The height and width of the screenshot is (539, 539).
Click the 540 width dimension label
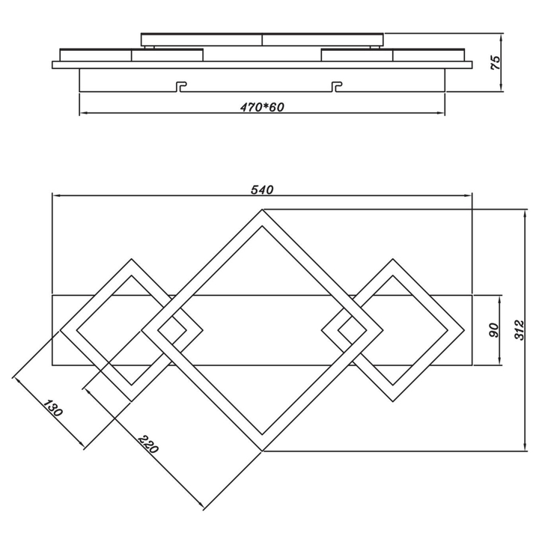point(262,189)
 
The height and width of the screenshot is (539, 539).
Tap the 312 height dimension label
point(519,330)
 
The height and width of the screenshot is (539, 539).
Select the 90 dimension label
point(493,330)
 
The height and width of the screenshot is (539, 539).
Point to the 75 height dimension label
point(496,62)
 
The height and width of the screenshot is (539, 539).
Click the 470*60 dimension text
point(262,107)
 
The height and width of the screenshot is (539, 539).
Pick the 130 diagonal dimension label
point(52,409)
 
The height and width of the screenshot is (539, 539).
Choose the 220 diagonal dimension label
point(147,445)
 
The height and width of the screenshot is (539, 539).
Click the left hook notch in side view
point(181,87)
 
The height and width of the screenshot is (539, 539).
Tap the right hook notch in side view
point(337,87)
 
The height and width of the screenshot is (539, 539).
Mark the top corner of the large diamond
point(262,210)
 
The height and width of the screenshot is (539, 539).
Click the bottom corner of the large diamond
point(262,451)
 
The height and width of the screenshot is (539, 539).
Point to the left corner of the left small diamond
point(61,330)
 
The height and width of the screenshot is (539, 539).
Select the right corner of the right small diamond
point(464,330)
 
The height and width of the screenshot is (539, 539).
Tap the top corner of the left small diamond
point(131,259)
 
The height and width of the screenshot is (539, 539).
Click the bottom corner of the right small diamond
point(393,401)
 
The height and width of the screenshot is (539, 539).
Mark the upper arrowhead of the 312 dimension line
point(525,213)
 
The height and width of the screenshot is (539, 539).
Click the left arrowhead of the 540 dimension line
point(55,196)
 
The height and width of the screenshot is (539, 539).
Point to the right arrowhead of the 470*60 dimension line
point(441,113)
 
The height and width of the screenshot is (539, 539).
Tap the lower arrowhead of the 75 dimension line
point(501,88)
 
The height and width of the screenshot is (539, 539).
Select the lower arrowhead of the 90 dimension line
point(500,361)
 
